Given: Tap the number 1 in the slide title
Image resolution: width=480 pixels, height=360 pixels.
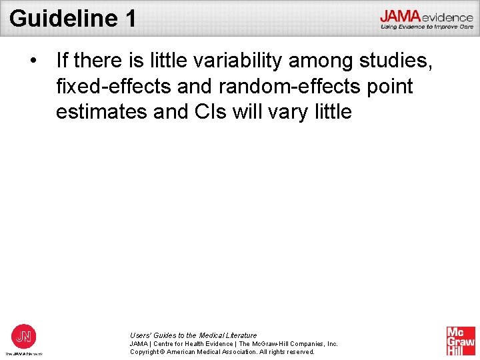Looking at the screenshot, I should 129,18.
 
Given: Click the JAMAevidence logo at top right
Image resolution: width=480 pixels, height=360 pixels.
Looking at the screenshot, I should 426,16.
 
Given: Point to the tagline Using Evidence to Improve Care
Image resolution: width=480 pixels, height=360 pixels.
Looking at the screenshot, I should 427,27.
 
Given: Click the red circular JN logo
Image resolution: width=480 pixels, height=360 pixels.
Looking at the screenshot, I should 24,335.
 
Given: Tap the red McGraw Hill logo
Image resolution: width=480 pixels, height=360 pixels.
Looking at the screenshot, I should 461,341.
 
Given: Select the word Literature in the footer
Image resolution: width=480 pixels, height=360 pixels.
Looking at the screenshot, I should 237,335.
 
